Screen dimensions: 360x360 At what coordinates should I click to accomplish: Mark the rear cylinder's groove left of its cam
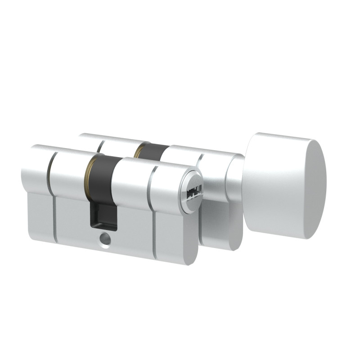[x=99, y=146]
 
